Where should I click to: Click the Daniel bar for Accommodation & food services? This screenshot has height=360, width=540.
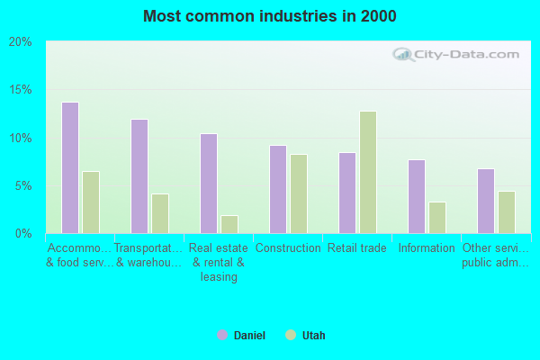(x=69, y=167)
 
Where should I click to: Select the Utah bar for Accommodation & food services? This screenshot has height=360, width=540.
(x=91, y=202)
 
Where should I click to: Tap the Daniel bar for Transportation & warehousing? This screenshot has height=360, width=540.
(x=139, y=176)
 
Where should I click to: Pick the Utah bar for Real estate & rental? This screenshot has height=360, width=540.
(x=229, y=224)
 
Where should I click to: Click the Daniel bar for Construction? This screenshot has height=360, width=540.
(x=278, y=189)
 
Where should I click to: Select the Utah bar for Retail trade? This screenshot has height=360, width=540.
(x=368, y=172)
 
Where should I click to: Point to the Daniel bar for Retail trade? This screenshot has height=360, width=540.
(x=346, y=193)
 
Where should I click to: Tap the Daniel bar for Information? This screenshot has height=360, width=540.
(x=416, y=196)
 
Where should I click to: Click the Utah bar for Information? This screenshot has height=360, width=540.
(x=437, y=217)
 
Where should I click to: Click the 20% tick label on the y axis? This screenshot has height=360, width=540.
(x=21, y=42)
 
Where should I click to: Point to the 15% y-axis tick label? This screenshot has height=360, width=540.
(x=21, y=90)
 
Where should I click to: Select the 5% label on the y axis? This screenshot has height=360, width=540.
(x=23, y=186)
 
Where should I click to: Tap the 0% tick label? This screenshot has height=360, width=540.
(x=23, y=234)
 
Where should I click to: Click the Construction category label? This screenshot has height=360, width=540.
(x=288, y=248)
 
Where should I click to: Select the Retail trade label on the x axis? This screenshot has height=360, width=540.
(x=357, y=248)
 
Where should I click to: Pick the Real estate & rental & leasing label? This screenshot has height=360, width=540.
(x=219, y=263)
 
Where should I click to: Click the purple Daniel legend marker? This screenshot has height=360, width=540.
(x=222, y=336)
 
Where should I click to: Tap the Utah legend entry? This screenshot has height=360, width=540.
(x=306, y=336)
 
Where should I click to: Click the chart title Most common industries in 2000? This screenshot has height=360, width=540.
(x=269, y=16)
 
